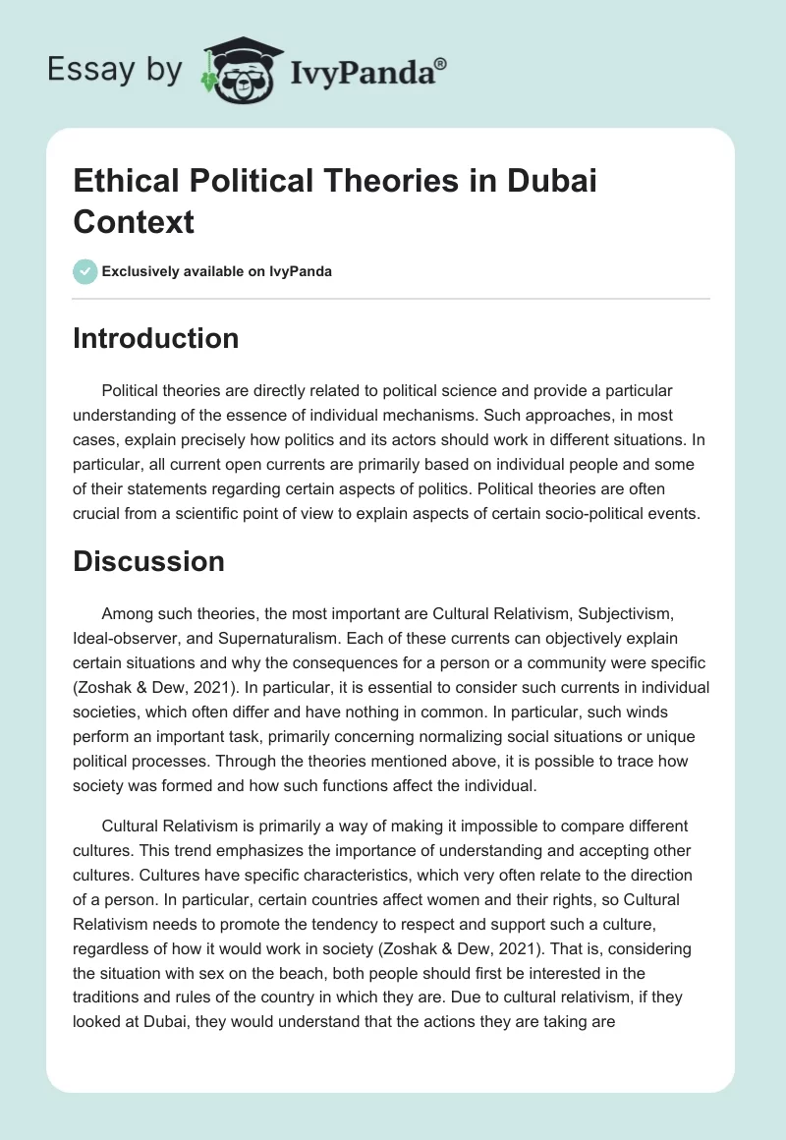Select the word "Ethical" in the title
click(x=131, y=182)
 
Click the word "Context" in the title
click(x=134, y=221)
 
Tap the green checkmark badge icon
click(x=85, y=271)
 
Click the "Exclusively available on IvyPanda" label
click(x=217, y=271)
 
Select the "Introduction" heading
click(x=156, y=338)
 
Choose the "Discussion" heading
click(x=149, y=561)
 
